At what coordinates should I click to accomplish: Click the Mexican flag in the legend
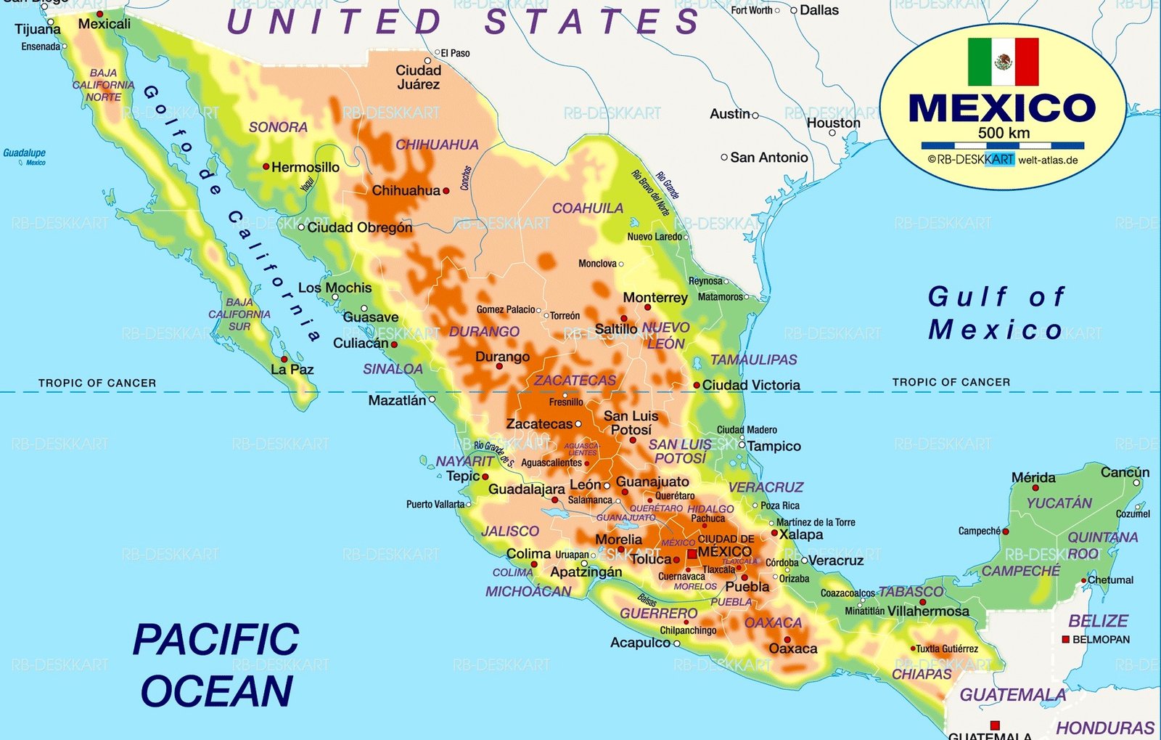pyautogui.click(x=1003, y=62)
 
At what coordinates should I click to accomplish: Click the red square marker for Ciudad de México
pyautogui.click(x=692, y=554)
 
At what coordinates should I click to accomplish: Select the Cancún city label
pyautogui.click(x=1125, y=472)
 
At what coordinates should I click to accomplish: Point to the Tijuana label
pyautogui.click(x=38, y=29)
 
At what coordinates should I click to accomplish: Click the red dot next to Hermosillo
pyautogui.click(x=266, y=166)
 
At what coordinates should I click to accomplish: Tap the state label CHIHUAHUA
pyautogui.click(x=437, y=145)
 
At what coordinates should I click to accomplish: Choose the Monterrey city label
pyautogui.click(x=655, y=298)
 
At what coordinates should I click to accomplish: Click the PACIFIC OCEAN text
pyautogui.click(x=216, y=664)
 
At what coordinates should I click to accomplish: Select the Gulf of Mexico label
pyautogui.click(x=996, y=313)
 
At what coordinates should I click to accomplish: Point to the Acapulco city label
pyautogui.click(x=640, y=643)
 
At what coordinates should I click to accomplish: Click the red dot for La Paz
pyautogui.click(x=284, y=359)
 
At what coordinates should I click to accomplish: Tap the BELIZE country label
pyautogui.click(x=1098, y=621)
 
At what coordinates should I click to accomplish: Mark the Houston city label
pyautogui.click(x=833, y=123)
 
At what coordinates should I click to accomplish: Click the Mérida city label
pyautogui.click(x=1033, y=477)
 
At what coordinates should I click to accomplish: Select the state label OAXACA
pyautogui.click(x=773, y=622)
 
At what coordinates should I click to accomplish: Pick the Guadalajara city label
pyautogui.click(x=526, y=489)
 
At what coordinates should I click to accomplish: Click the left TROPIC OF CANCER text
pyautogui.click(x=97, y=383)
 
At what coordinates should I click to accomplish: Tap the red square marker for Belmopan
pyautogui.click(x=1065, y=639)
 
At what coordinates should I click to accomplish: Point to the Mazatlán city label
pyautogui.click(x=397, y=400)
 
